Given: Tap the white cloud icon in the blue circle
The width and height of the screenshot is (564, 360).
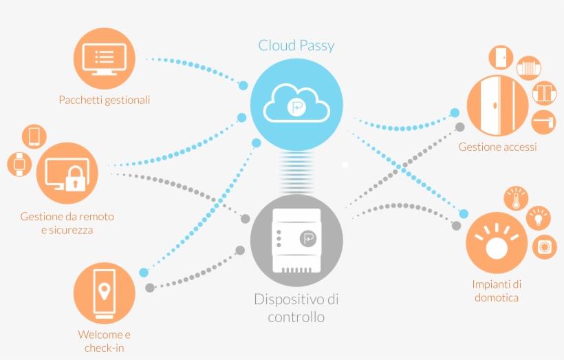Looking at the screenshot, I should click(x=296, y=103).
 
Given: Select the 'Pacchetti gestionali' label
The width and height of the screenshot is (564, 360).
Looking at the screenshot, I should click(x=105, y=100).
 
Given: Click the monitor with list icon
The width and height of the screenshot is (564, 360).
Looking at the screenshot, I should click(x=104, y=60).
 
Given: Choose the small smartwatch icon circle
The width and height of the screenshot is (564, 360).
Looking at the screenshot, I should click(x=18, y=164).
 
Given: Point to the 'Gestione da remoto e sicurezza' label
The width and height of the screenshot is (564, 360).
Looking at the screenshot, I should click(x=67, y=223).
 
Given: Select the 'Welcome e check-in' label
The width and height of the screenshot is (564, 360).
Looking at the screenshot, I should click(x=105, y=341).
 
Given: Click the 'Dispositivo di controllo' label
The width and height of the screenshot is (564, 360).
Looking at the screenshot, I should click(x=296, y=308).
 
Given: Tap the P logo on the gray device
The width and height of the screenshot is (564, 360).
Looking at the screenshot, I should click(x=308, y=239).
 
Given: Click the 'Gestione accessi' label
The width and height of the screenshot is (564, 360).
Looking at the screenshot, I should click(x=497, y=147).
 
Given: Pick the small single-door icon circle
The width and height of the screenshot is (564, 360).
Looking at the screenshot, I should click(x=500, y=58).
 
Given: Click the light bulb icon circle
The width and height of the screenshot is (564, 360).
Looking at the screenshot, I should click(x=539, y=218).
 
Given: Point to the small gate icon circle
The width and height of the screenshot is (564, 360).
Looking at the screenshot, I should click(x=529, y=69).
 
